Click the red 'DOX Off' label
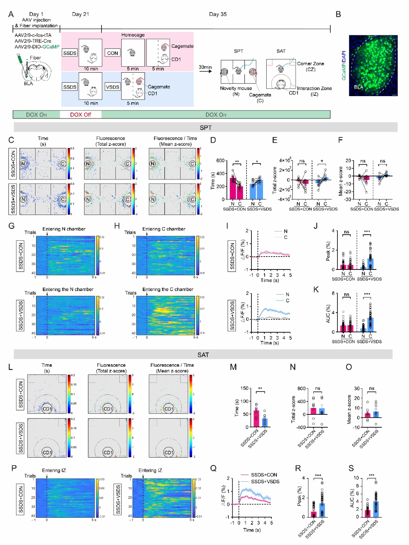[x=80, y=115]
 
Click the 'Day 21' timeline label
[x=80, y=14]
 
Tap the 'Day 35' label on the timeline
[x=218, y=14]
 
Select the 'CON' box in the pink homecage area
[x=112, y=53]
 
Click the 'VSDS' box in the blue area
[x=112, y=87]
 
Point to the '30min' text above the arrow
[x=205, y=67]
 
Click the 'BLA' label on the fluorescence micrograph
[x=358, y=87]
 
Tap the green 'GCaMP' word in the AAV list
[x=51, y=47]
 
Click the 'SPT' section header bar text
[x=206, y=128]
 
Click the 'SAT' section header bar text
[x=203, y=355]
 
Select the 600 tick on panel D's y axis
[x=220, y=160]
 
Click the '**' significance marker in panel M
[x=260, y=389]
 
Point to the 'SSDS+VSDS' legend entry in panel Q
[x=265, y=481]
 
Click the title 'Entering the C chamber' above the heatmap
[x=168, y=290]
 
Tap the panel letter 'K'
[x=316, y=290]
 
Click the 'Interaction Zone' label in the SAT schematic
[x=314, y=89]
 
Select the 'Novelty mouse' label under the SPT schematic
[x=236, y=89]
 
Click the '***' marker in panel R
[x=318, y=476]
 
